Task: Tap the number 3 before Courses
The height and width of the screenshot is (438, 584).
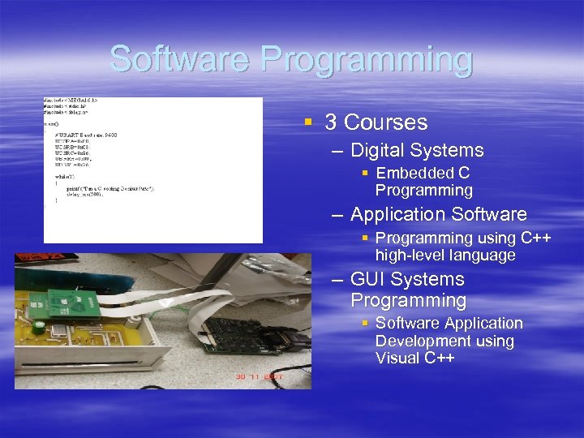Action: tap(331, 122)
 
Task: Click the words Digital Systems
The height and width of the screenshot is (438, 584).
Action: tap(417, 150)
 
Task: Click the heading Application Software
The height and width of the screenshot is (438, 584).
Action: tap(439, 215)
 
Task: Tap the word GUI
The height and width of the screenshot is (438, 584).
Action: tap(368, 279)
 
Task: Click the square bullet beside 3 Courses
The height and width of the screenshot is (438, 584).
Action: tap(308, 122)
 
